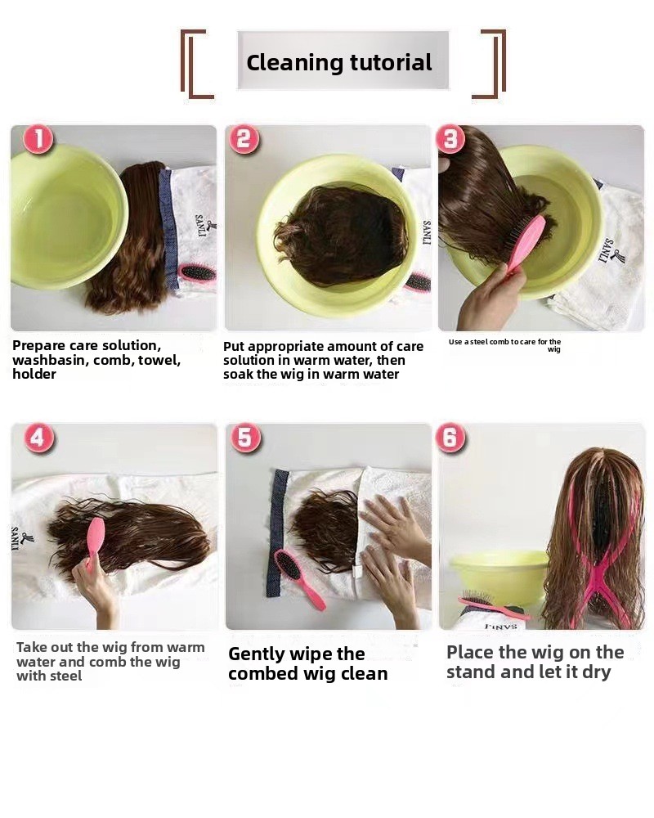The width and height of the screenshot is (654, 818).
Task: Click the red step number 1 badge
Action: (x=38, y=139)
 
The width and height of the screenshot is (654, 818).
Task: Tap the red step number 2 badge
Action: (x=244, y=139)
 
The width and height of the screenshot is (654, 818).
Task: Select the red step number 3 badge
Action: (x=450, y=139)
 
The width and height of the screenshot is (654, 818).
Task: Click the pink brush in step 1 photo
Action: (x=197, y=273)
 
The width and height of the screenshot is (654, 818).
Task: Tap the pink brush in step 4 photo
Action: (x=95, y=542)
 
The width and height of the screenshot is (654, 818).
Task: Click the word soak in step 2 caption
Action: (x=239, y=374)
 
